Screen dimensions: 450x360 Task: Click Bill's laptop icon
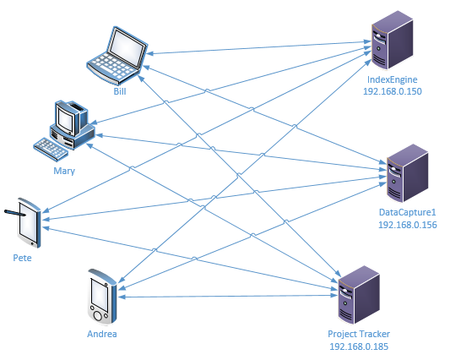point(117,55)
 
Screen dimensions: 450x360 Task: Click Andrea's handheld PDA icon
point(102,297)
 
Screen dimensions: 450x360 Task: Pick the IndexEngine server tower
point(392,41)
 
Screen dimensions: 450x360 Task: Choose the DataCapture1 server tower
point(408,173)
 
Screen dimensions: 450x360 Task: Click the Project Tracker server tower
point(359,296)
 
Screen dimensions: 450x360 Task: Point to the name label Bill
point(120,91)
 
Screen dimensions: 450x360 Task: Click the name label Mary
point(64,171)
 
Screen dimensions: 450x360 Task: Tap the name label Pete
point(22,258)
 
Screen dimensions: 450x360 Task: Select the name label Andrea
point(102,334)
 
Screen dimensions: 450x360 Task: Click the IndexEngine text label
point(392,79)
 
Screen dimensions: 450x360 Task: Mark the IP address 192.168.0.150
point(393,91)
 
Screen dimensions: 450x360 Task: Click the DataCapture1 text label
point(407,212)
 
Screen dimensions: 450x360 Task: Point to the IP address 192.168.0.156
point(408,225)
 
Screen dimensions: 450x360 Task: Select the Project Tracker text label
point(359,334)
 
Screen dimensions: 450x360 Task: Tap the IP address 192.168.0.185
point(359,346)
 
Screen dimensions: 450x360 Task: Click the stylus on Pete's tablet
point(15,213)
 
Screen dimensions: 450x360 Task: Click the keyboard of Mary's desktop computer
point(51,150)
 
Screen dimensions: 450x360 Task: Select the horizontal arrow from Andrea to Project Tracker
point(228,296)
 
